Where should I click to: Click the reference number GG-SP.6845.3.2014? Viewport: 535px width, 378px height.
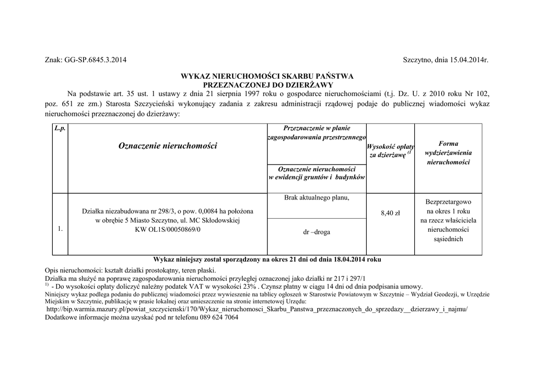96,60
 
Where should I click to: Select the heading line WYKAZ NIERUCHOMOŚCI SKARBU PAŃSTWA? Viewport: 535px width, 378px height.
267,76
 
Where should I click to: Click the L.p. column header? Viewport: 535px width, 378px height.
60,128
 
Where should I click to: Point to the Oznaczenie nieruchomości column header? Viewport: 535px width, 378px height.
167,146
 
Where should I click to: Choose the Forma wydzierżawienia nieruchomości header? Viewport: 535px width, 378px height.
448,152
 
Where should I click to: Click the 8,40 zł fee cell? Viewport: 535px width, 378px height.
390,213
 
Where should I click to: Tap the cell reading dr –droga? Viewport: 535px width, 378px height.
317,231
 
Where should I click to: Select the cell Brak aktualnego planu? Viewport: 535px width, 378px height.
317,198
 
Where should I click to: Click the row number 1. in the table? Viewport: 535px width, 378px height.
61,229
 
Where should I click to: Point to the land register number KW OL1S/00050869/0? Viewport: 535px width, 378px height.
167,229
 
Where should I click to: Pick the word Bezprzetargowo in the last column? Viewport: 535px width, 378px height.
448,202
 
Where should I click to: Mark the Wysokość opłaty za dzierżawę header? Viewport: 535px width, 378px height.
390,151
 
